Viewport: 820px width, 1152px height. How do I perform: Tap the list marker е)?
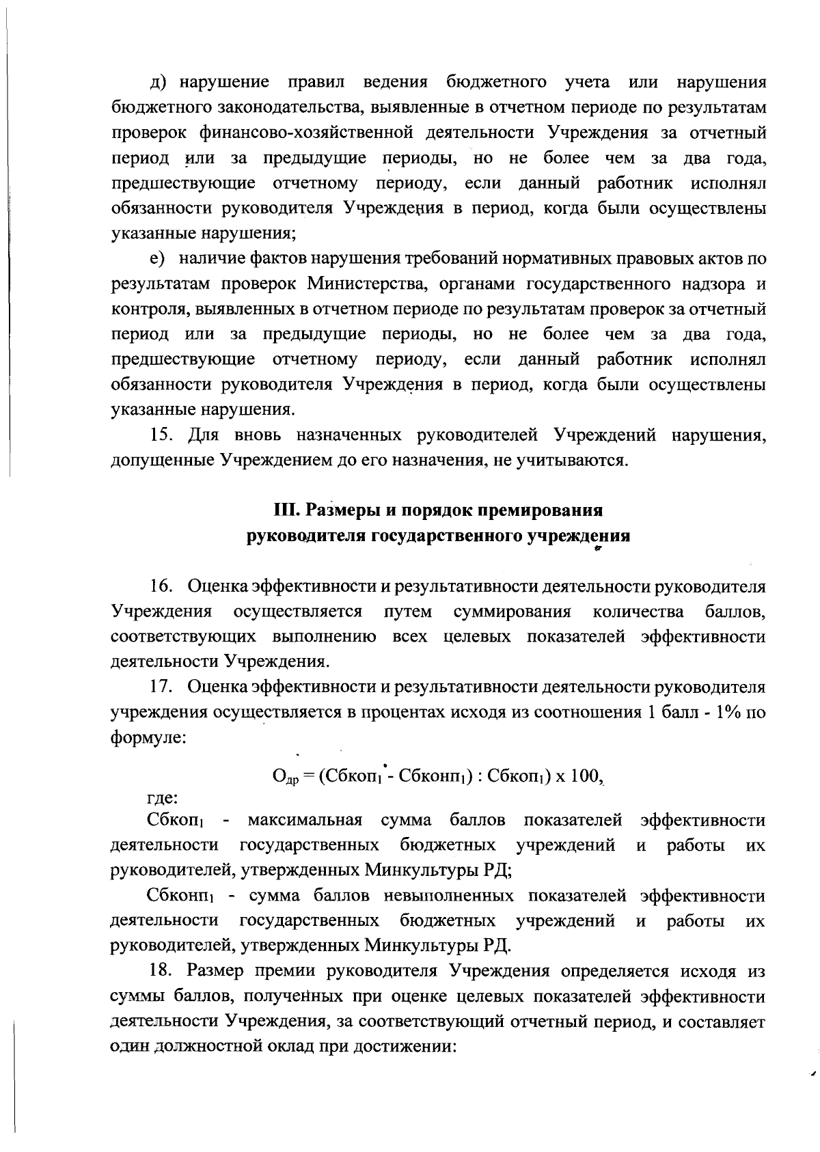[159, 259]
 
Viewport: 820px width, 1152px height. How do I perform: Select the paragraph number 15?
[161, 435]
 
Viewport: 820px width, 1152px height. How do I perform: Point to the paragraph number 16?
[161, 586]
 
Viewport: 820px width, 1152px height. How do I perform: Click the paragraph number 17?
[161, 687]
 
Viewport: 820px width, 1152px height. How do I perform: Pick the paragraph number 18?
[161, 971]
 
